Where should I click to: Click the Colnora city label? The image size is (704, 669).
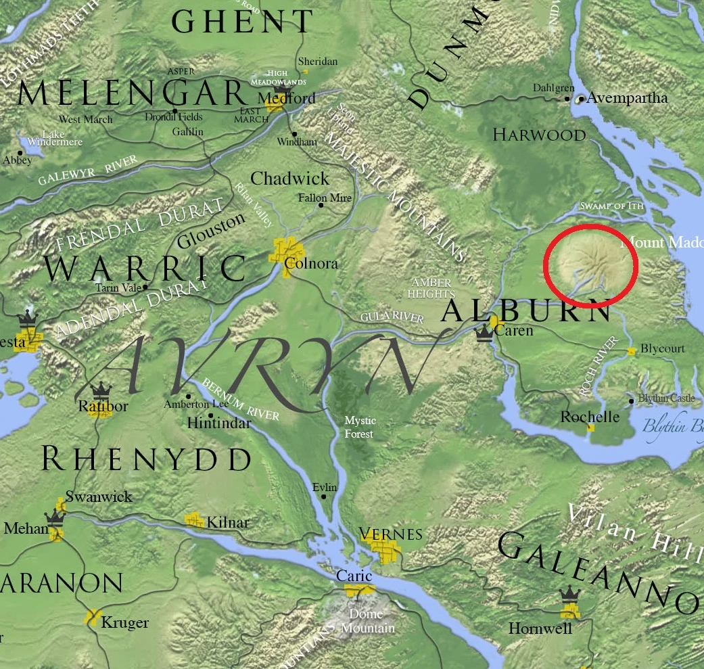[x=311, y=264]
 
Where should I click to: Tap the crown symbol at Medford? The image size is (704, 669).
[x=281, y=89]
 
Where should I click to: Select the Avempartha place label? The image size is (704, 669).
[x=627, y=98]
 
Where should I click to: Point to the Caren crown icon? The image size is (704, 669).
[x=484, y=333]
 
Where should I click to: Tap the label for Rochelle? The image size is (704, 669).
[x=590, y=417]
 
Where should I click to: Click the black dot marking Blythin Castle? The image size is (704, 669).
[x=632, y=401]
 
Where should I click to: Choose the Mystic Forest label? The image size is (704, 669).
[x=359, y=427]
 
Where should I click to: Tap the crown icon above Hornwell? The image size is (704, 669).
[x=570, y=595]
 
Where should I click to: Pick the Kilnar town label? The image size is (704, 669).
[x=228, y=522]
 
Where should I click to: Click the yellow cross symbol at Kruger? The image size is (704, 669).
[x=93, y=617]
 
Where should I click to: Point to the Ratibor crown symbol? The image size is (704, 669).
[x=101, y=390]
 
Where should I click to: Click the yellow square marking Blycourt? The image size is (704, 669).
[x=631, y=351]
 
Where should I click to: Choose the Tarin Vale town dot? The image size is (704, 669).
[x=145, y=287]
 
